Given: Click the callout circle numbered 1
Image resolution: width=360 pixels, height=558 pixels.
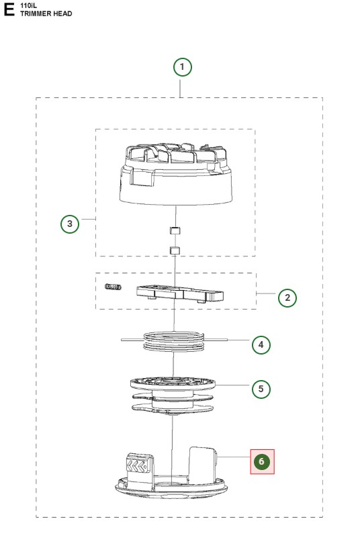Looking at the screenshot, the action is click(182, 67).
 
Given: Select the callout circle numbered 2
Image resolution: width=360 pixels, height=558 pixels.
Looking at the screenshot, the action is click(287, 297).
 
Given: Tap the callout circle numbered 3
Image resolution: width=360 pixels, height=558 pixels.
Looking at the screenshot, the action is click(69, 224).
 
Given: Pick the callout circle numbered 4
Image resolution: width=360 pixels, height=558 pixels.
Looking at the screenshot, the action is click(261, 344).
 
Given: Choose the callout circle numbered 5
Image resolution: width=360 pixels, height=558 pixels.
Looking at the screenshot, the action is click(261, 389).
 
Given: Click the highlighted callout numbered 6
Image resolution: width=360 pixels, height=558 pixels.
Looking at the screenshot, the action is click(262, 461).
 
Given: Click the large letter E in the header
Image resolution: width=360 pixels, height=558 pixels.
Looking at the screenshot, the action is click(9, 9).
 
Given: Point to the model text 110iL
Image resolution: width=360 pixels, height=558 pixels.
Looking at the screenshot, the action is click(28, 5).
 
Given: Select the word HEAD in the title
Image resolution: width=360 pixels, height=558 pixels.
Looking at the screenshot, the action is click(63, 13).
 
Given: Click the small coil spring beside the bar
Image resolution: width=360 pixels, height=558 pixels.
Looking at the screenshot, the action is click(113, 287).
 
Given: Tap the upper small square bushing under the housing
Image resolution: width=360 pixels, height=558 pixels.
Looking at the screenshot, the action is click(175, 230).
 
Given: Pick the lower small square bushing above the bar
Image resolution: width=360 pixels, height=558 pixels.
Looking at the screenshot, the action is click(175, 250).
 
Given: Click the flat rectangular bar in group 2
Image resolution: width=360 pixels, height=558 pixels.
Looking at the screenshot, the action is click(180, 293).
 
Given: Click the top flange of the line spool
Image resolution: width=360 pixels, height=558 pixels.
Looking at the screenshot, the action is click(173, 383).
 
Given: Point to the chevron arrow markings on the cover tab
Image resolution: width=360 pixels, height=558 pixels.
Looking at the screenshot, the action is click(136, 466).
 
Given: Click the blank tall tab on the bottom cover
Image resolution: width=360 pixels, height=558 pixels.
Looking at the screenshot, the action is click(202, 465).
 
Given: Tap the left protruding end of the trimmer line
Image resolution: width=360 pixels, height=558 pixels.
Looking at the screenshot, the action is click(132, 340).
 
